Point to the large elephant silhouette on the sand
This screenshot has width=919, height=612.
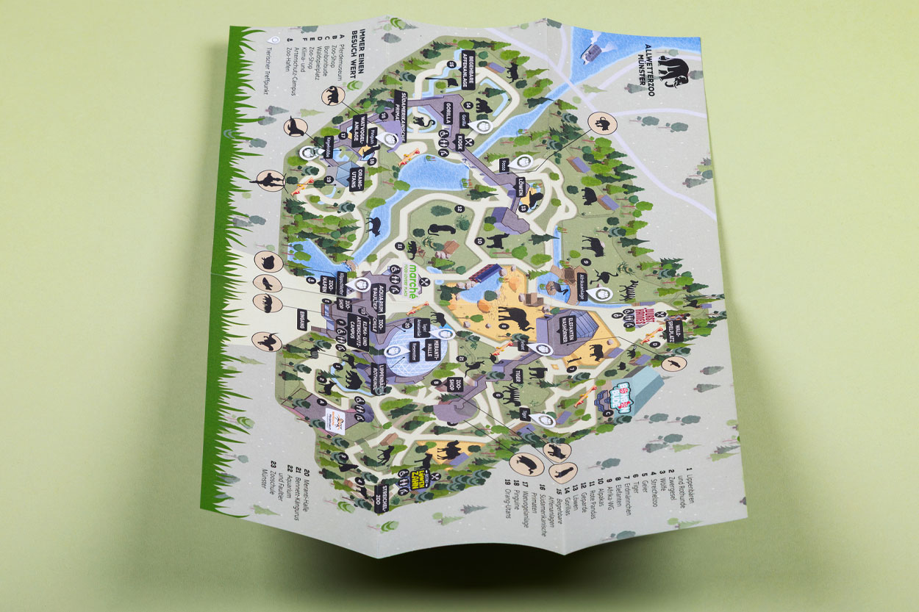[513, 317]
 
